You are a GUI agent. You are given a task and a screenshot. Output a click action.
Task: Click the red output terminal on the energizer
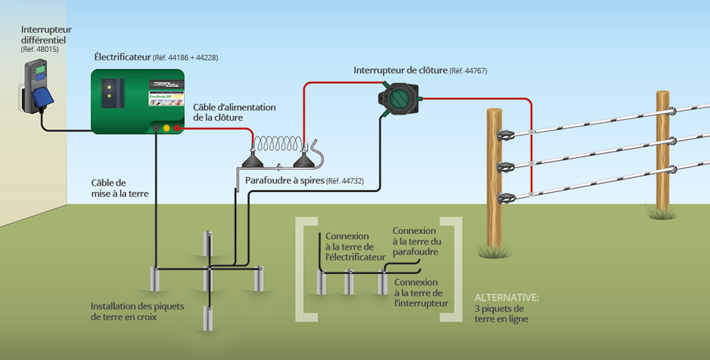[x=177, y=128]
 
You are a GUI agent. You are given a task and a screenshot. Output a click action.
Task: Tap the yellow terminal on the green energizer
[x=166, y=128]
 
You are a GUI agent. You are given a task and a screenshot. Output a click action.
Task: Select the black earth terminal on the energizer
[x=156, y=128]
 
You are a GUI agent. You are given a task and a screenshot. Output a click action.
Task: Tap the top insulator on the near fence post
[x=507, y=135]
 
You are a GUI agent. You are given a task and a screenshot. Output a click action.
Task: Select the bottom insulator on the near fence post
[x=507, y=198]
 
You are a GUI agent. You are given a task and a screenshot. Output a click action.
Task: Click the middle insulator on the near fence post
[x=507, y=167]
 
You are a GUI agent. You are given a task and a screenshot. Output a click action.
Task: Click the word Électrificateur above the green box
[x=122, y=56]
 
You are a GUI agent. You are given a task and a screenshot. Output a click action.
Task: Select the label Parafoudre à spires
[x=284, y=181]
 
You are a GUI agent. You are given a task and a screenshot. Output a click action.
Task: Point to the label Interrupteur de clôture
[x=400, y=70]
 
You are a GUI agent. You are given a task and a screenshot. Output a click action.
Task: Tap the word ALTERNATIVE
[x=507, y=297]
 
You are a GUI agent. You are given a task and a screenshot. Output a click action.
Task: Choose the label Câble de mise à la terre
[x=108, y=188]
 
